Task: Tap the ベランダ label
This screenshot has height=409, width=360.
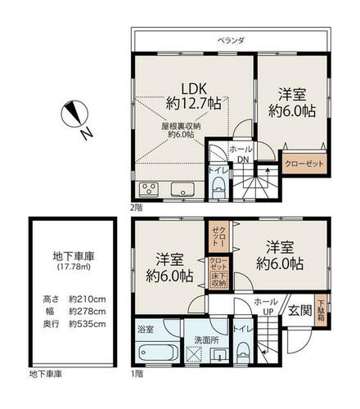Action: [231, 41]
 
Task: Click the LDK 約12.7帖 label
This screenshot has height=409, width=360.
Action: [194, 96]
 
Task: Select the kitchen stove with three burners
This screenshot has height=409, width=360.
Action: [149, 189]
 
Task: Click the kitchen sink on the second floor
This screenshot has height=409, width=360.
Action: [182, 189]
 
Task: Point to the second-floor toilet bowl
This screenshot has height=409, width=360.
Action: [218, 187]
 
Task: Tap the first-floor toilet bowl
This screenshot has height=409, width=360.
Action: [243, 352]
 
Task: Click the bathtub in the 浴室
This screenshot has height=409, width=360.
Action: [159, 353]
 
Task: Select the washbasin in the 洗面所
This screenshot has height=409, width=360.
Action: [219, 355]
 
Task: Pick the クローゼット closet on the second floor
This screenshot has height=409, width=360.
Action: [304, 164]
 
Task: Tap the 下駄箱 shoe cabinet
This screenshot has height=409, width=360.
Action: [322, 310]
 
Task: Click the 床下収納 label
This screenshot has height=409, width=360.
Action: [219, 280]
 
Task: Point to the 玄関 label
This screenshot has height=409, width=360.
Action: [300, 310]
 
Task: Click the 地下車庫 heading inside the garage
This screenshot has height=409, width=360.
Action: [74, 257]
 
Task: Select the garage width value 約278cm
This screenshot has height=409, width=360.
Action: [88, 312]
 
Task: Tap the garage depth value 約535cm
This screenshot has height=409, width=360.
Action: [88, 324]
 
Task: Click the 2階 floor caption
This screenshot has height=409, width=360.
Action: [137, 208]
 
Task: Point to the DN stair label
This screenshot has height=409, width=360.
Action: [243, 160]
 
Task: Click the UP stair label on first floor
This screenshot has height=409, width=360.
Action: [268, 312]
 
